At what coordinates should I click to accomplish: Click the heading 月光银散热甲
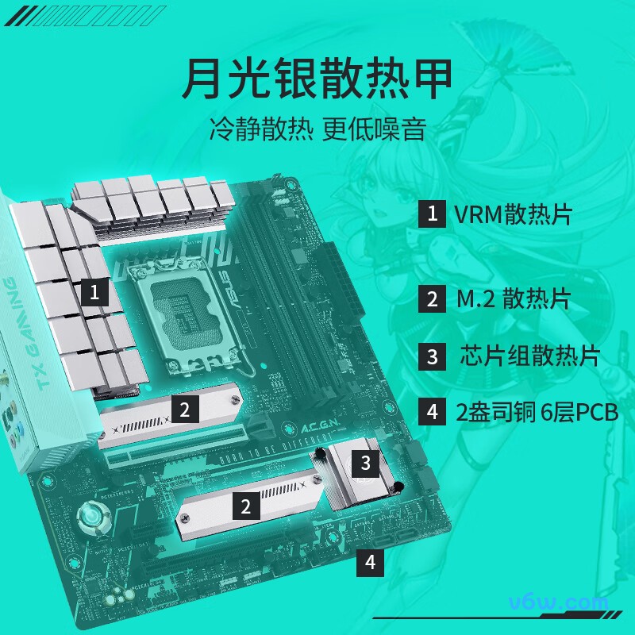tap(317, 78)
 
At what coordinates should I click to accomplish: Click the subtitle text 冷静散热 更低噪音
tap(317, 129)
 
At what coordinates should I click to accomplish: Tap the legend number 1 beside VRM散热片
tap(432, 214)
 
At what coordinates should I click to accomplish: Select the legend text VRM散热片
tap(513, 214)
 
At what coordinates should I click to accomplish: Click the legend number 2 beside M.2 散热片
tap(432, 298)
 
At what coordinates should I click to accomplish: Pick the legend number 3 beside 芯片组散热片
tap(432, 356)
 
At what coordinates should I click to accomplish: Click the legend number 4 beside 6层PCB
tap(432, 412)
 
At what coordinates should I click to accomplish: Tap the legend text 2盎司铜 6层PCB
tap(537, 412)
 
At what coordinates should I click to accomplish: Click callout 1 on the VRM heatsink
tap(94, 292)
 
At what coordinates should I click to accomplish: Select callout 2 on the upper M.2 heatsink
tap(184, 410)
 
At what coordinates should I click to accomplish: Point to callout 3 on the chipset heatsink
tap(365, 462)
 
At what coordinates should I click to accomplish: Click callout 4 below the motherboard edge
tap(371, 563)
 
